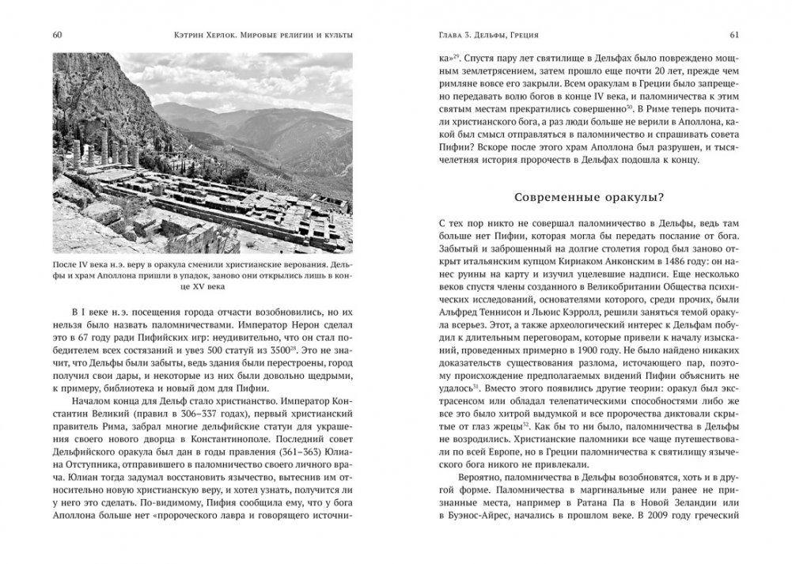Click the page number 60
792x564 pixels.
tap(59, 35)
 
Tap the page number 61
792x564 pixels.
tap(733, 35)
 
